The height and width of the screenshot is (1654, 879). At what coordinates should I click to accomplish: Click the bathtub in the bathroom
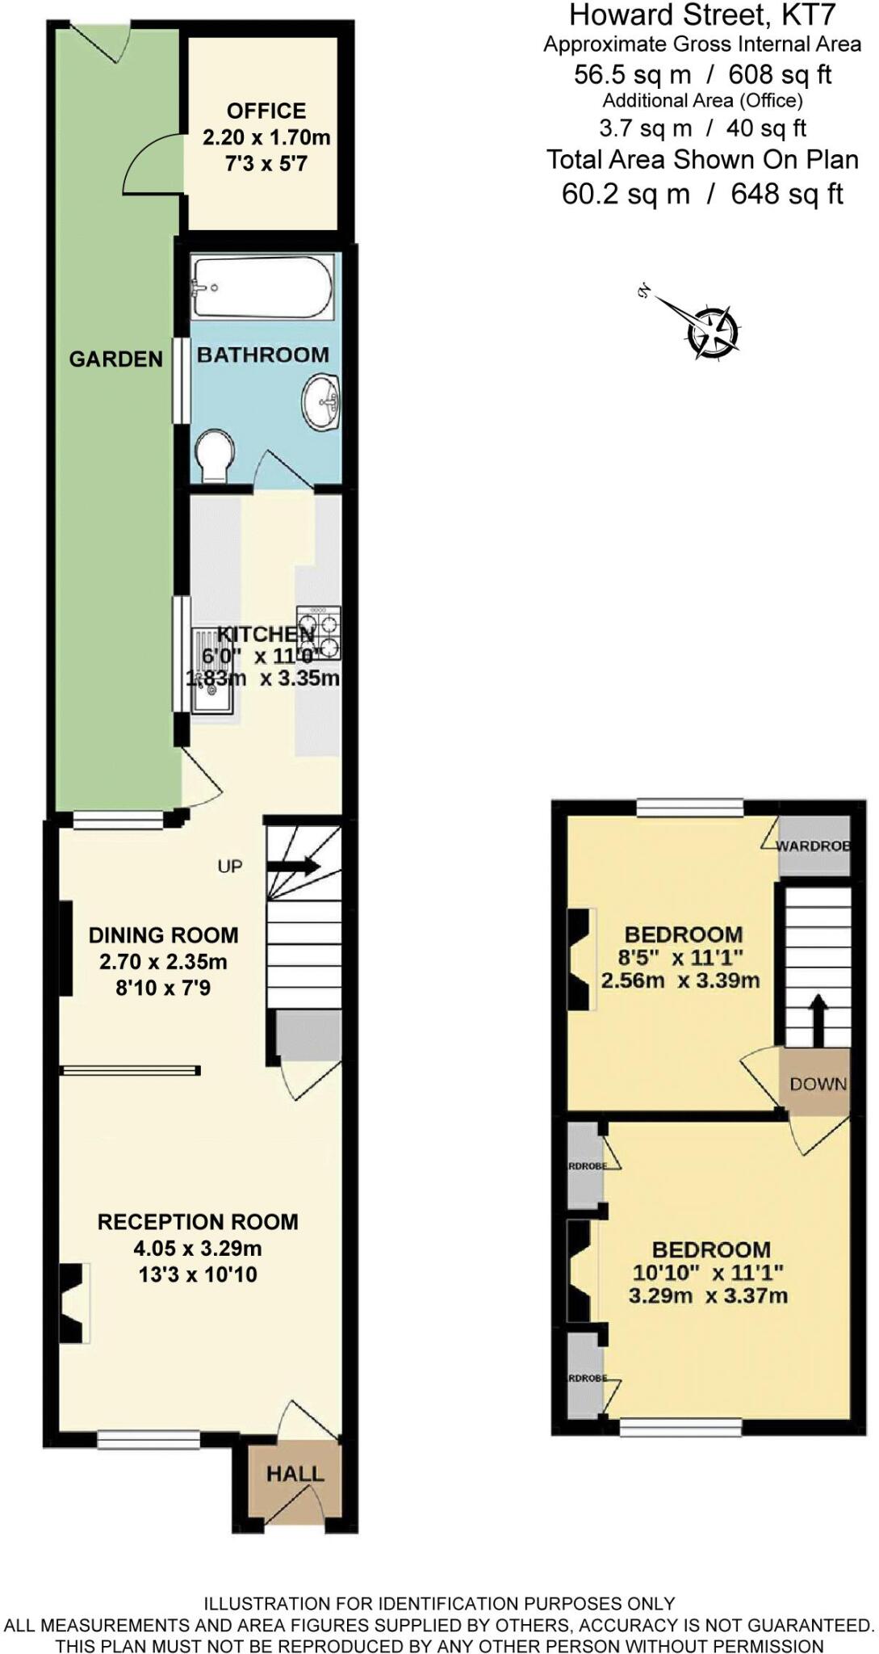pos(262,288)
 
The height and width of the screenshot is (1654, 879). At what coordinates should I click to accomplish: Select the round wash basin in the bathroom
pos(322,401)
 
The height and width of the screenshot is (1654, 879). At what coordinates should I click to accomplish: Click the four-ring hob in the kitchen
pos(319,634)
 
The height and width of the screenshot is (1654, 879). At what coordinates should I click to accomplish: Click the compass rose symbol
pos(712,331)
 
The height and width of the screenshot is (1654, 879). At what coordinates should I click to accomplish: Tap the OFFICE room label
pos(266,111)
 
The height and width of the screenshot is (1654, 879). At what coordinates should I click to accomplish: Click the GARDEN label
pos(115,359)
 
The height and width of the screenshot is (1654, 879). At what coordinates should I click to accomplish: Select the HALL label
pos(295,1473)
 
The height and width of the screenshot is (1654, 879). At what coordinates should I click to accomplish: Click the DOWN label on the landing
pos(818,1083)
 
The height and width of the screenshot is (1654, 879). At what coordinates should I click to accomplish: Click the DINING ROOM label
pos(163,934)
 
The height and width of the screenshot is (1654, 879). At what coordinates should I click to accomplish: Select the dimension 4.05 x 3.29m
pos(198,1248)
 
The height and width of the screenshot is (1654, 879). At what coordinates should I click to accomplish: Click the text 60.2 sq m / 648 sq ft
pos(702,194)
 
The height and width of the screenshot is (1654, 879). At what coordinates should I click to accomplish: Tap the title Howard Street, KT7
pos(702,15)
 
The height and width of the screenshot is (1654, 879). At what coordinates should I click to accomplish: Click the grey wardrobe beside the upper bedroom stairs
pos(814,846)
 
